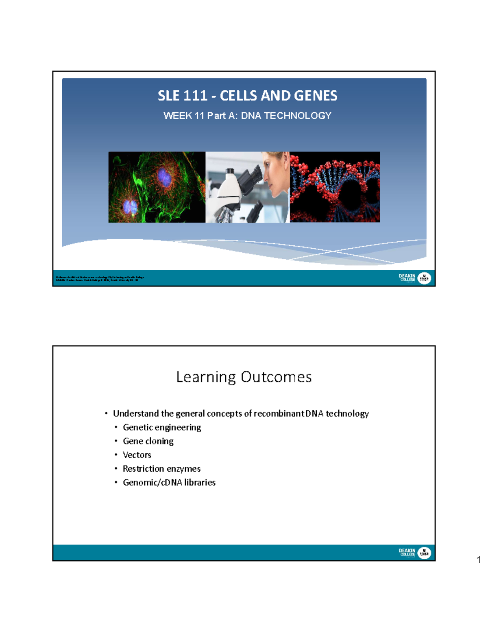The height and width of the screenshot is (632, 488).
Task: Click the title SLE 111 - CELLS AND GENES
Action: click(247, 96)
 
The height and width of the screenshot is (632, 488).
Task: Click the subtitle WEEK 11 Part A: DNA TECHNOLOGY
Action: click(247, 116)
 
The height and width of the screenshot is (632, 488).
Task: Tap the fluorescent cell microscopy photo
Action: click(157, 187)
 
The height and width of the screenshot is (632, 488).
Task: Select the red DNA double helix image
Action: click(335, 187)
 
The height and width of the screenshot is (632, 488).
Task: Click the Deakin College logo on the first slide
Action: click(414, 278)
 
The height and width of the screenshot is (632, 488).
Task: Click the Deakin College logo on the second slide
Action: click(414, 553)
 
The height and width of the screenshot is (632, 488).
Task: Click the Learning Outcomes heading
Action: click(244, 377)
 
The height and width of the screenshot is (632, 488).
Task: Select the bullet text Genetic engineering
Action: click(162, 427)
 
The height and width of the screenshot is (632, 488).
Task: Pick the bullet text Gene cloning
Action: click(148, 441)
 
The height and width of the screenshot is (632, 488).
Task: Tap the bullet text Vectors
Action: click(137, 455)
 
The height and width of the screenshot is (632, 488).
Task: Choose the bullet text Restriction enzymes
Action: click(161, 469)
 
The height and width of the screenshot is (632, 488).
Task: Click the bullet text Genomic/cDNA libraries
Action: click(169, 483)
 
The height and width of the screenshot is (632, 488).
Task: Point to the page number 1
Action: click(479, 560)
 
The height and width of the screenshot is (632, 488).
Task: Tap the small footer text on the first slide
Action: click(100, 279)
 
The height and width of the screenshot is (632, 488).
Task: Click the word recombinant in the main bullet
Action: click(279, 413)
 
